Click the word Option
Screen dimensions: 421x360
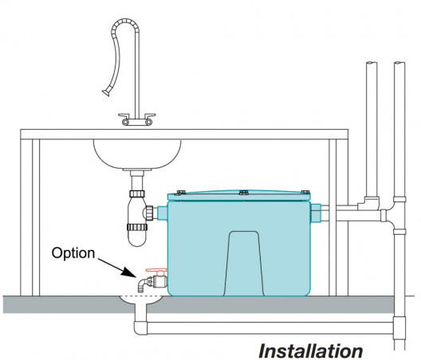tap(73, 253)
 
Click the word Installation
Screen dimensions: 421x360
tap(311, 350)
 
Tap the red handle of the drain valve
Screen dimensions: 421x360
tap(156, 271)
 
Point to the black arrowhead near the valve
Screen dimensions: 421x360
tap(129, 272)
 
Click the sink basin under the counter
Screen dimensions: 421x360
tap(137, 154)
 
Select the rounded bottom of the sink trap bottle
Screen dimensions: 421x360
tap(137, 239)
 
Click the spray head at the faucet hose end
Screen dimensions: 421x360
tap(106, 93)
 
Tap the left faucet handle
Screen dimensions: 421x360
tap(125, 119)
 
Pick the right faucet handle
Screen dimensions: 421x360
tap(149, 119)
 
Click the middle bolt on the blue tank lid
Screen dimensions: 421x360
tap(243, 192)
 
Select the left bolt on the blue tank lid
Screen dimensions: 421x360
tap(180, 193)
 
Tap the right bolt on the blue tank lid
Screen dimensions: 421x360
tap(305, 191)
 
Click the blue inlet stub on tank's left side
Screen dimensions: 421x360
tap(162, 213)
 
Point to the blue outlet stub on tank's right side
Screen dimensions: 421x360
tap(316, 213)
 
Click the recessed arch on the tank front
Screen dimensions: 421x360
tap(244, 264)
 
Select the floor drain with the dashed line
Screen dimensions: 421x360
tap(140, 300)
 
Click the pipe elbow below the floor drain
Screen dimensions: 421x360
tap(140, 328)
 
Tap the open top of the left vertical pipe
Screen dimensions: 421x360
tap(372, 63)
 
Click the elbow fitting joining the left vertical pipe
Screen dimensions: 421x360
tap(368, 203)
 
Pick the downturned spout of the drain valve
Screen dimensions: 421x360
tap(141, 285)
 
